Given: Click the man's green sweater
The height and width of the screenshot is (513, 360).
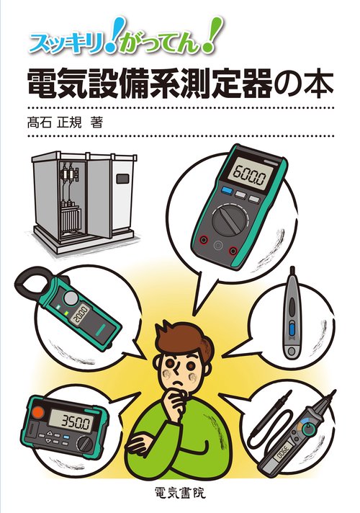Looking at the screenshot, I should pyautogui.click(x=180, y=447).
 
